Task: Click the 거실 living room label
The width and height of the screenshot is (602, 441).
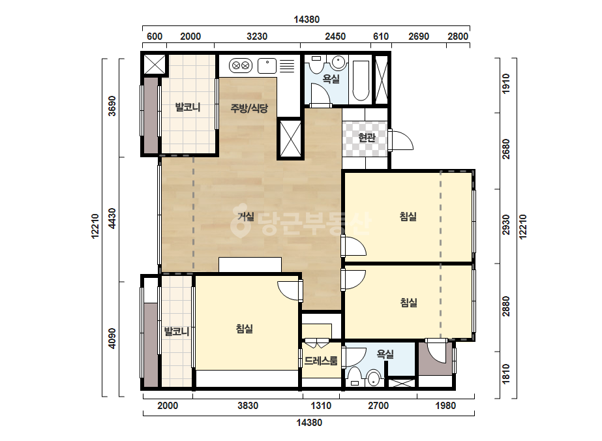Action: tap(246, 217)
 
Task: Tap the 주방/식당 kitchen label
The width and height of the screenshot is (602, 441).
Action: tap(248, 108)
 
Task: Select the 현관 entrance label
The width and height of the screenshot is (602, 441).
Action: tap(367, 137)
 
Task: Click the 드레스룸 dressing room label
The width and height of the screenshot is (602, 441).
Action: tap(321, 361)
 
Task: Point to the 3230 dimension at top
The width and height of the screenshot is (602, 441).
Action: tap(257, 37)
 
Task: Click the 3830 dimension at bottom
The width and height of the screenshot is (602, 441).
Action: tap(248, 406)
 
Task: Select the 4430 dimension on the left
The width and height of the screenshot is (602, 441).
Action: tap(112, 218)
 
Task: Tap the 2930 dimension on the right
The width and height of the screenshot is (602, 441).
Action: tap(506, 225)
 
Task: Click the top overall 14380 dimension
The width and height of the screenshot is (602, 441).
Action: tap(307, 19)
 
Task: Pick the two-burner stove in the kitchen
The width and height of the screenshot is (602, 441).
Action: tap(241, 66)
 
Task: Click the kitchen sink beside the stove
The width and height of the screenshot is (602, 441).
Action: tap(267, 66)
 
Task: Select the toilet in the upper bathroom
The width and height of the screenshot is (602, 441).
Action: tap(317, 64)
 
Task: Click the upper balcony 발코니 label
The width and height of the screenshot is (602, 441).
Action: tap(188, 107)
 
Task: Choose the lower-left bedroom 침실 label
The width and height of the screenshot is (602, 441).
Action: tap(244, 329)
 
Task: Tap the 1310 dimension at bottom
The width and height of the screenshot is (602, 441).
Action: tap(321, 406)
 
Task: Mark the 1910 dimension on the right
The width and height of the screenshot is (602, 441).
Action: tap(506, 83)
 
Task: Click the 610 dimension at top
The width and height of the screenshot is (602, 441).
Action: tap(381, 37)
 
